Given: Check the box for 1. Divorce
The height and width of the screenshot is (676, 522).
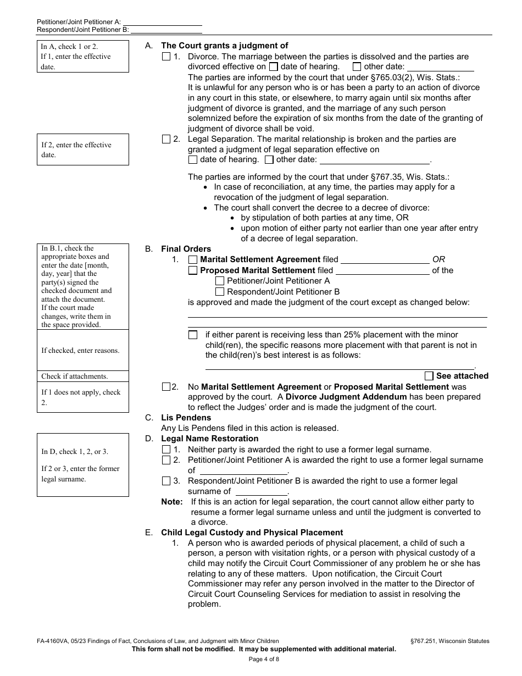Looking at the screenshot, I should (x=166, y=57).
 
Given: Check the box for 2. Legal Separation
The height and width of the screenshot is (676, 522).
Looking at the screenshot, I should (x=166, y=140).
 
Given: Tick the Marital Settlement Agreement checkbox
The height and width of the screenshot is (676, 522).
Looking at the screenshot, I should (x=193, y=259).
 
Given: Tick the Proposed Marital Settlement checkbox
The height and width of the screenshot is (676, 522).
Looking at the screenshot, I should (x=193, y=270).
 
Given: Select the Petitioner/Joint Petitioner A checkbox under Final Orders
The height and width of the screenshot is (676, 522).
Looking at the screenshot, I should (x=220, y=281).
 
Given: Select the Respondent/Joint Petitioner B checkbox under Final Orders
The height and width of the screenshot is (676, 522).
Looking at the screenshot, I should (x=220, y=292).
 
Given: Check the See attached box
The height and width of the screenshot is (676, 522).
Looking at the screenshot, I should (x=429, y=376).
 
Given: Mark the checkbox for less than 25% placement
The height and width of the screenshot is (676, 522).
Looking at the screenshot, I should (x=193, y=335).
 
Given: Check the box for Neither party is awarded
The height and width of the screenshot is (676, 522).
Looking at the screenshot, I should (x=166, y=450).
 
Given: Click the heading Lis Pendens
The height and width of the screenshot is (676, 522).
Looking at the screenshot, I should (x=186, y=418).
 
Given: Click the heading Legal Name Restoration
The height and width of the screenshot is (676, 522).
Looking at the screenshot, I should (x=209, y=439).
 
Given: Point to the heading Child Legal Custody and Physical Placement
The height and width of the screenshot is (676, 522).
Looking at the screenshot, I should (x=252, y=533).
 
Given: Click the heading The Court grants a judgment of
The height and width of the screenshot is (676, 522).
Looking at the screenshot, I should (x=224, y=46).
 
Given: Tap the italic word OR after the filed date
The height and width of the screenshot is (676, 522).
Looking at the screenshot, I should (x=438, y=259).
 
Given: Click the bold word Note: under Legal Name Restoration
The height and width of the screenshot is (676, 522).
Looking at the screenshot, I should (x=171, y=502).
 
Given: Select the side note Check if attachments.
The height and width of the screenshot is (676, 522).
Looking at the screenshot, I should (x=75, y=376).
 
